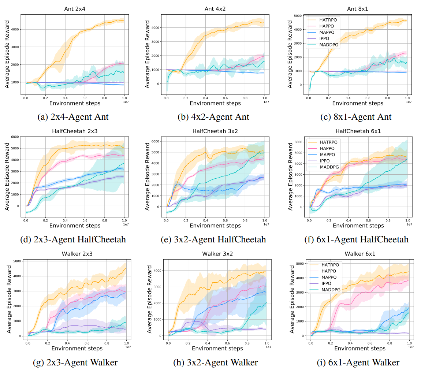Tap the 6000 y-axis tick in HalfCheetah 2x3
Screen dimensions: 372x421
[x=15, y=137]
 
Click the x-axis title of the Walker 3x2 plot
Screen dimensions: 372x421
[x=217, y=348]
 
